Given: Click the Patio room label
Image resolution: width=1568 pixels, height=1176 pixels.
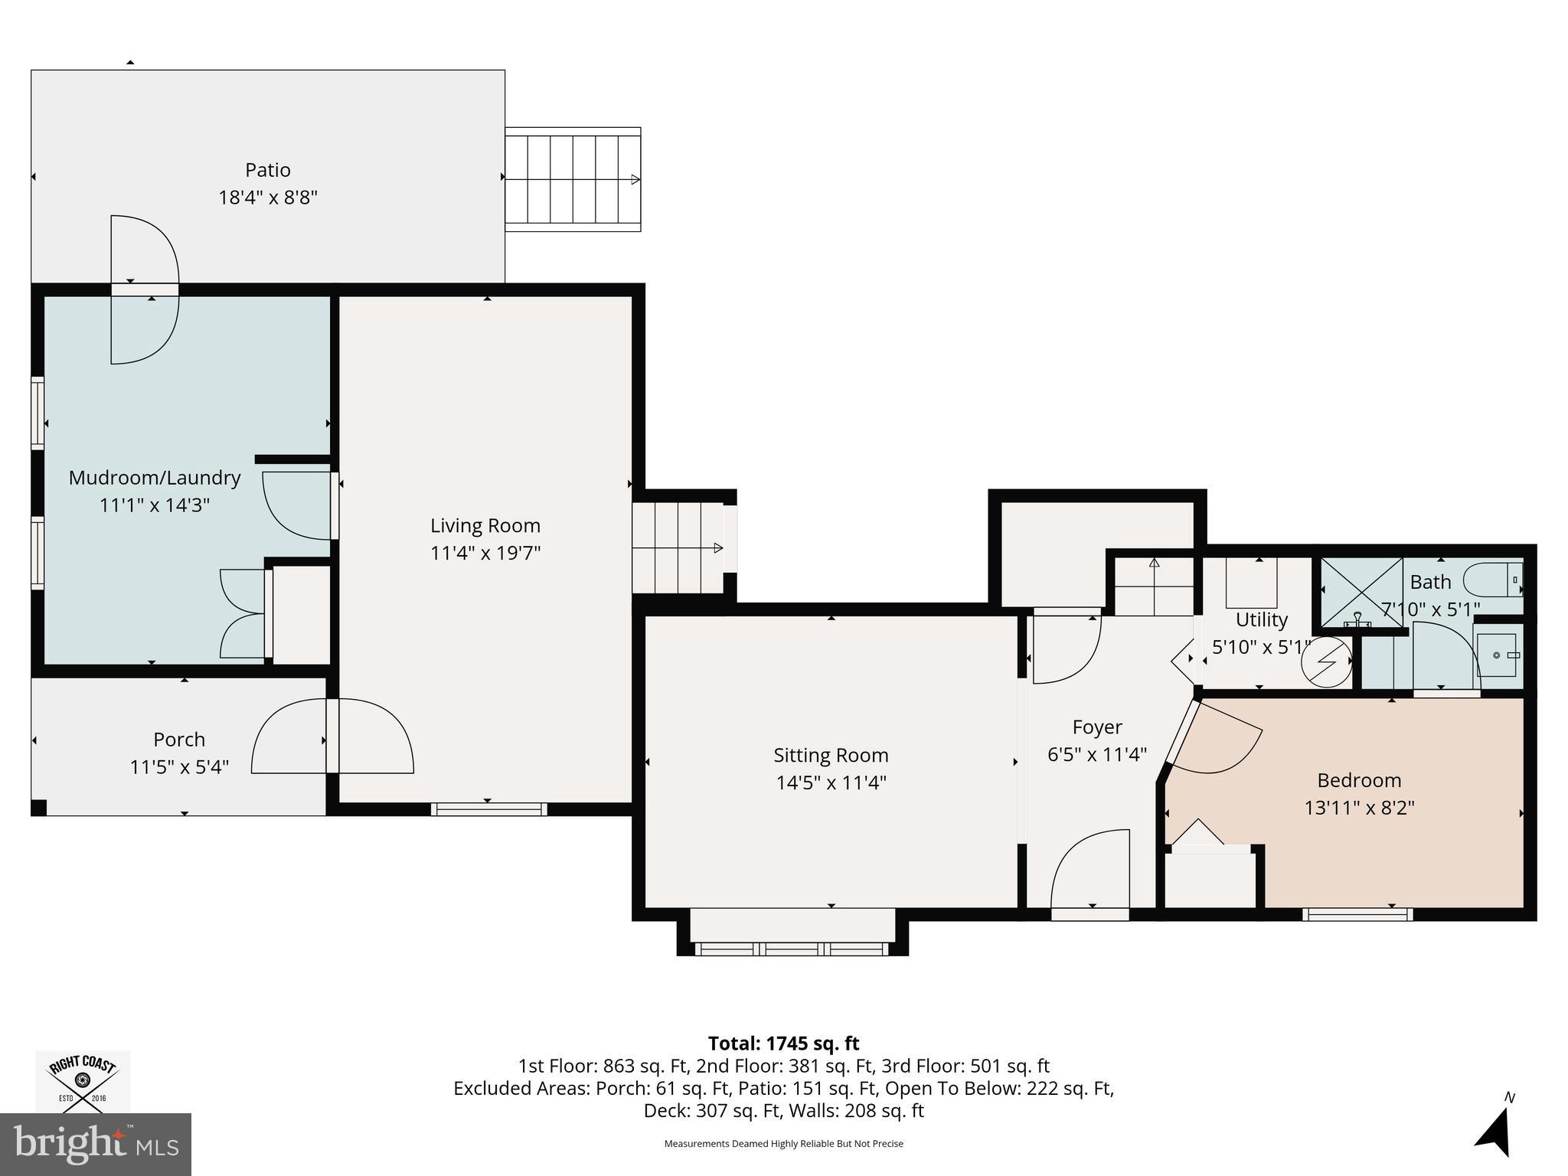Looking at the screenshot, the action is (x=268, y=170).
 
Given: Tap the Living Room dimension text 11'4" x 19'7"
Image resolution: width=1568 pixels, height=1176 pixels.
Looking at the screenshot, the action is (x=485, y=553).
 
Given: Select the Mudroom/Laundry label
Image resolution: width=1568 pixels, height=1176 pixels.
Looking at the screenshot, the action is (x=155, y=478).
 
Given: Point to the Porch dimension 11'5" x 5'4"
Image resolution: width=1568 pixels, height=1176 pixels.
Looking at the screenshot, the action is (x=180, y=766).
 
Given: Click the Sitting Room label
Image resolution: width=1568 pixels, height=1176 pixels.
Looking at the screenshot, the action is (x=831, y=756).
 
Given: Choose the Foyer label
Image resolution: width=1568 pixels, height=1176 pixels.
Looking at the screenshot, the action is (x=1097, y=727).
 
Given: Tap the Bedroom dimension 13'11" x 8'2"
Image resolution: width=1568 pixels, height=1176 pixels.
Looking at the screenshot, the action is (x=1359, y=808).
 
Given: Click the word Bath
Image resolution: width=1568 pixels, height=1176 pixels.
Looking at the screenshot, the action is (x=1430, y=582).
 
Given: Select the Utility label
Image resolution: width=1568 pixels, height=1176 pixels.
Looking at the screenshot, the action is (x=1262, y=619).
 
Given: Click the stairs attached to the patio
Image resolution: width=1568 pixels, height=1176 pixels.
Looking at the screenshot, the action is (x=573, y=179).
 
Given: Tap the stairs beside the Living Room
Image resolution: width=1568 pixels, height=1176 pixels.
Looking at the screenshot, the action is (x=678, y=547).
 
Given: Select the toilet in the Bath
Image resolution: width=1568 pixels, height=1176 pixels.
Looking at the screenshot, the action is (x=1493, y=580).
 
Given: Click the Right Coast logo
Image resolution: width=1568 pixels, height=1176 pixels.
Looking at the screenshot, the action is (x=83, y=1081).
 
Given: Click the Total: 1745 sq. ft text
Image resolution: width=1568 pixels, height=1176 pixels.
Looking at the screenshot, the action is (x=783, y=1044).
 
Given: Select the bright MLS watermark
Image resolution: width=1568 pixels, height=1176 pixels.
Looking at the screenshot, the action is (x=96, y=1144).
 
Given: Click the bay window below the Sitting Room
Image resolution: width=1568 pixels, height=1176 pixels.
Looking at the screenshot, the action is (x=792, y=936).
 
